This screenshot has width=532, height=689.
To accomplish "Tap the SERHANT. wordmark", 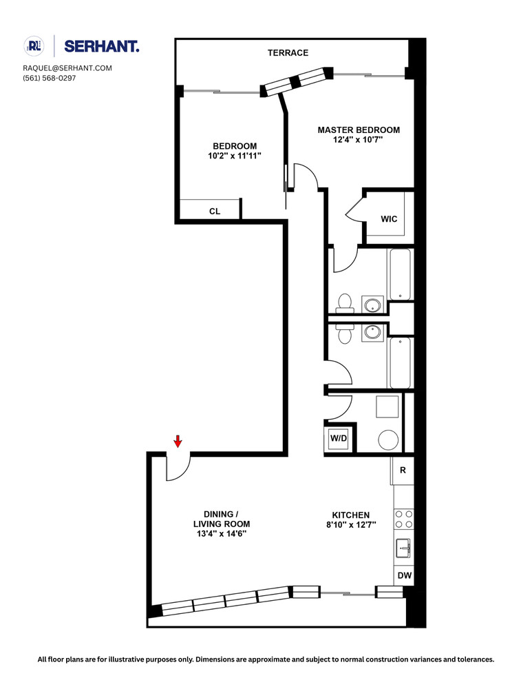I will tap(101, 46).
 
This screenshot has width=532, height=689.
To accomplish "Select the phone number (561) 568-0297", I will tap(50, 78).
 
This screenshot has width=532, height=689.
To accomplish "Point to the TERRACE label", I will tap(288, 53).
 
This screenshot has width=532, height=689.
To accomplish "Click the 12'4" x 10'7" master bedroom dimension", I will tap(358, 139).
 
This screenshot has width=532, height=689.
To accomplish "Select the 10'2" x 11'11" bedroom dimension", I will tap(235, 156).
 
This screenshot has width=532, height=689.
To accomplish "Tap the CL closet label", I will tap(215, 212).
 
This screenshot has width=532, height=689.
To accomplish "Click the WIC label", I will tap(389, 219).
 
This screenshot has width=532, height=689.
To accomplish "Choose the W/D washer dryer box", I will tap(338, 438).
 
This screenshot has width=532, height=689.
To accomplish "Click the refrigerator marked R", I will tap(403, 471).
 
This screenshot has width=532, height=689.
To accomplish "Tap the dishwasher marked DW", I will tap(403, 575).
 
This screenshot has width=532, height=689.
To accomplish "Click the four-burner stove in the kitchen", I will tap(403, 519).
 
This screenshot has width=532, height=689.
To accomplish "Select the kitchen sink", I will tap(403, 548).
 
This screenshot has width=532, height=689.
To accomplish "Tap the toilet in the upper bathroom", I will tap(344, 302).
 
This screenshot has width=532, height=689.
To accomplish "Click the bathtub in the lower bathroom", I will tap(400, 362).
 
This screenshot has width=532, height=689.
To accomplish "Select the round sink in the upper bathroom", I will tap(373, 305).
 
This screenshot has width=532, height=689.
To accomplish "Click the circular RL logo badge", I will tap(34, 46).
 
